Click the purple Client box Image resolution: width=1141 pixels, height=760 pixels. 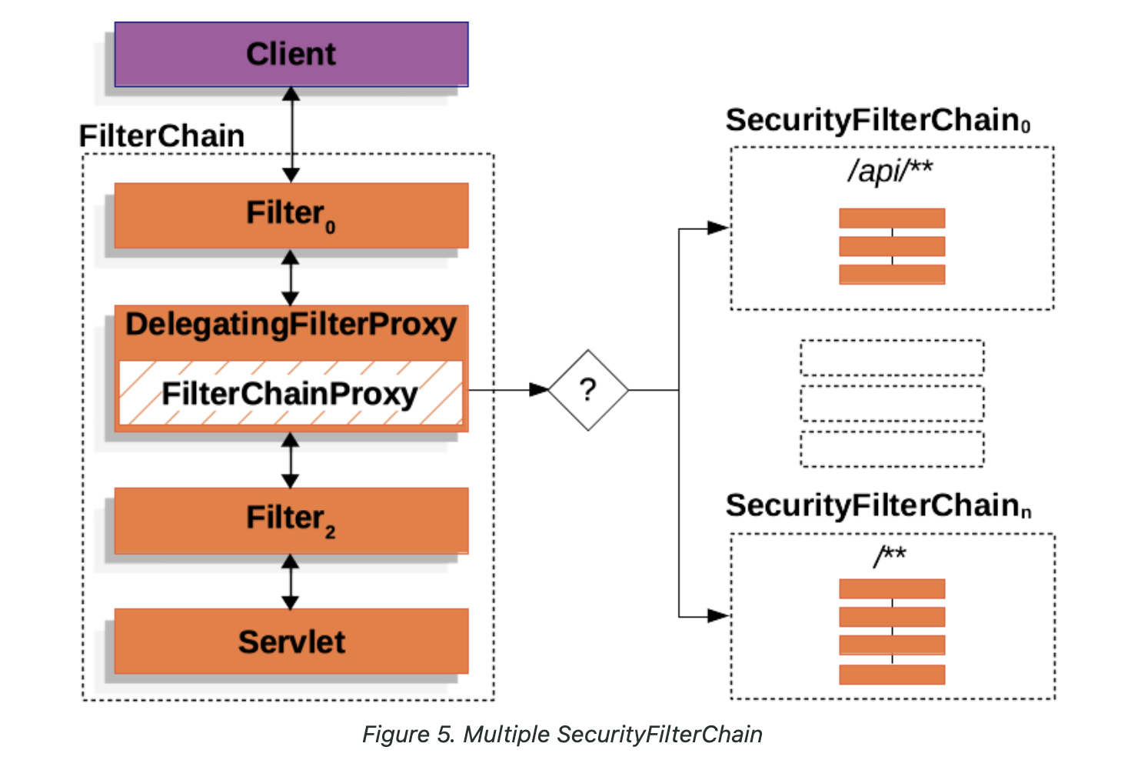point(291,54)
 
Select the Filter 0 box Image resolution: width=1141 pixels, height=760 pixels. point(291,215)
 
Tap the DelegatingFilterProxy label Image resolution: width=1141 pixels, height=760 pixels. point(291,325)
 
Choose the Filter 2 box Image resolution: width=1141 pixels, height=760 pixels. point(291,519)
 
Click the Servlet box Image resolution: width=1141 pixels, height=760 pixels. point(291,641)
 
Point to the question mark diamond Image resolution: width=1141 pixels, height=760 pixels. point(588,390)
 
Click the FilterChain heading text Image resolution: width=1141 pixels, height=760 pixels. point(161,136)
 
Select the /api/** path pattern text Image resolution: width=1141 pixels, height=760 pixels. point(890,170)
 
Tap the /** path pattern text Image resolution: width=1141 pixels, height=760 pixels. point(890,555)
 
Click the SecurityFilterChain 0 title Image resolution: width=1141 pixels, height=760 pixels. point(877,121)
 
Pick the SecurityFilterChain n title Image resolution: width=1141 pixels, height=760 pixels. point(877,506)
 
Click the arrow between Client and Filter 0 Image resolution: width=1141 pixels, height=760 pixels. point(291,135)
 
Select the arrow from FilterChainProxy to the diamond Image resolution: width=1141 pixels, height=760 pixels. point(508,390)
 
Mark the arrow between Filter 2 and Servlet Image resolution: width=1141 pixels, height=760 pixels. point(291,582)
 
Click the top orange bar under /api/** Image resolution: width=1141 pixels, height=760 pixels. point(892,218)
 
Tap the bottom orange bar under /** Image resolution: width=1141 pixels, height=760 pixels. point(892,675)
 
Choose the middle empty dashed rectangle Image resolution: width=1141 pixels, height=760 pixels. point(892,403)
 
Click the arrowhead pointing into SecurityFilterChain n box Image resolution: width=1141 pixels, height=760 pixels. point(718,615)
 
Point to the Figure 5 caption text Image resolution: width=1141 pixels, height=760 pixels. point(562,734)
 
